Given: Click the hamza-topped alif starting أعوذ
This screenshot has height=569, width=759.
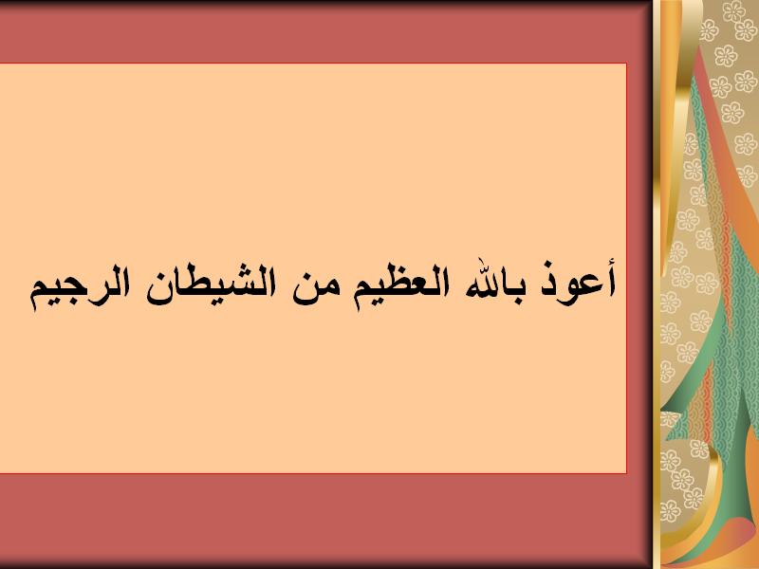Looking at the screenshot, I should (x=610, y=278).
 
